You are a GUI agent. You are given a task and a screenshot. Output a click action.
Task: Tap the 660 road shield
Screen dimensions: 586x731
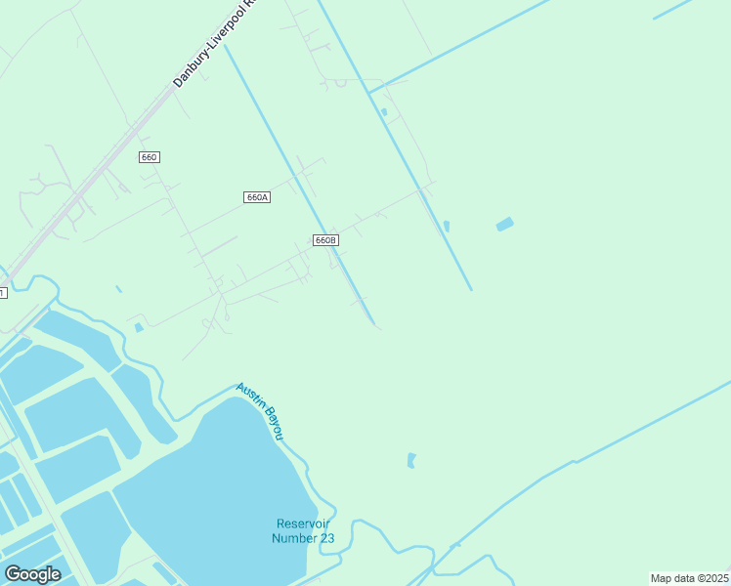pyautogui.click(x=149, y=157)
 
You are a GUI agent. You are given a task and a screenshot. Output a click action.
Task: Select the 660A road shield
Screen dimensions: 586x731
pyautogui.click(x=256, y=197)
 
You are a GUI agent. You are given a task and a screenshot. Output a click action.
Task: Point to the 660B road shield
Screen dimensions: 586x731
pyautogui.click(x=325, y=240)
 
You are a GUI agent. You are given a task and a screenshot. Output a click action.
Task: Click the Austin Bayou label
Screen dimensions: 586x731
pyautogui.click(x=260, y=410)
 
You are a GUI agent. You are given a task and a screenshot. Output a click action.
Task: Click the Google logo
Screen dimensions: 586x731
pyautogui.click(x=32, y=574)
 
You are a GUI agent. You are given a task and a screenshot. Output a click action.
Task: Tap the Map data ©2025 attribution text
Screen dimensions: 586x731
pyautogui.click(x=689, y=578)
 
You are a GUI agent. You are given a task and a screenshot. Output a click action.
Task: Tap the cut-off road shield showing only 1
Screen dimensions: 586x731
pyautogui.click(x=3, y=292)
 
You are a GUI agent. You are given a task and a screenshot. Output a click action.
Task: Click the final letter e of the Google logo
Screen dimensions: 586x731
pyautogui.click(x=56, y=575)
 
